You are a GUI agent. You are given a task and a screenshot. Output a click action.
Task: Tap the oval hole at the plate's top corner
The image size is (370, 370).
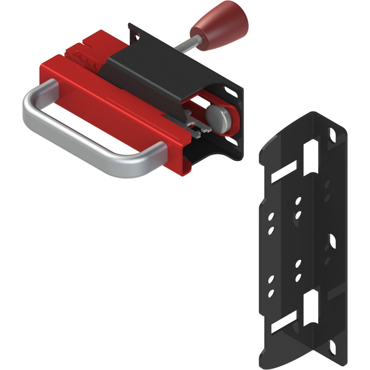[x=332, y=134]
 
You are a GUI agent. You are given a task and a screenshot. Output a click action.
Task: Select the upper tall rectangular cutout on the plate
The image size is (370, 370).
[x=310, y=157]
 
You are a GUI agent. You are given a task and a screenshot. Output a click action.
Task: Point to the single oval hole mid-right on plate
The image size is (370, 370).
[x=332, y=241]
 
